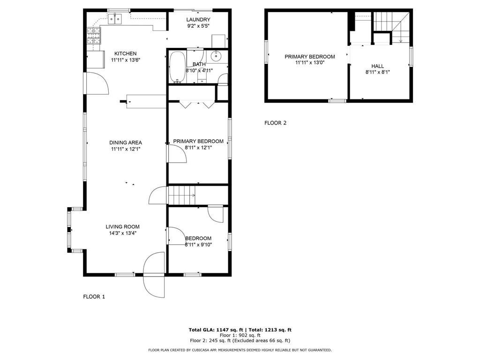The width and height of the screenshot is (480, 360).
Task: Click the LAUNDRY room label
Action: (198, 19)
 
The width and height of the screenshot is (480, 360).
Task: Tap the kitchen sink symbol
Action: (114, 19)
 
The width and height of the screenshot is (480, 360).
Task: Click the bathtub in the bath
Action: (177, 67)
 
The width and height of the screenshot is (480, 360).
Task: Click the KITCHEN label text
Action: (126, 53)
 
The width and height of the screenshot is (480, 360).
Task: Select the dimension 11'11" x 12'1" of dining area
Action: (126, 149)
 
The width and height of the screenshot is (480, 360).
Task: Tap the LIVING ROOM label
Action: (123, 226)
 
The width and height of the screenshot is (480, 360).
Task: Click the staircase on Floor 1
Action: (181, 195)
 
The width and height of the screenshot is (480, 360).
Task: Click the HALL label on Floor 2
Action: (378, 66)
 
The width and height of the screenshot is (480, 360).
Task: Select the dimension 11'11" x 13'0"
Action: (310, 62)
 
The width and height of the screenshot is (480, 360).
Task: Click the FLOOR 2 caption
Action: (275, 123)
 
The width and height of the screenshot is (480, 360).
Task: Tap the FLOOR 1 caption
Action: (94, 296)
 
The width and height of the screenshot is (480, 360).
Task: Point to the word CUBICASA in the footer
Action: (198, 350)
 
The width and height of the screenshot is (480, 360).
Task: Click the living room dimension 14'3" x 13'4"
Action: (123, 232)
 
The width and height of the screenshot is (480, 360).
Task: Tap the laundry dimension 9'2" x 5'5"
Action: (198, 26)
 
